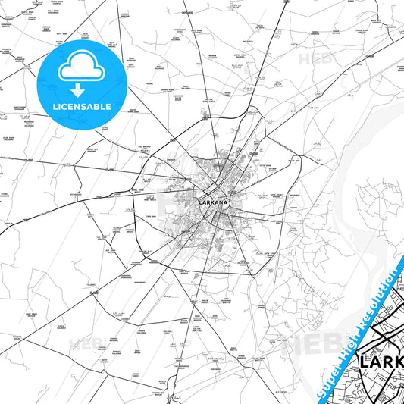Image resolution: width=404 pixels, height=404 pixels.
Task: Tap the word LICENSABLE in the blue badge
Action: click(81, 106)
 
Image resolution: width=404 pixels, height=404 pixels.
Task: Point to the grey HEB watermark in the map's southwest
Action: click(83, 345)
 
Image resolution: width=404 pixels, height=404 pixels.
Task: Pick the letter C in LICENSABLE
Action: click(65, 106)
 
